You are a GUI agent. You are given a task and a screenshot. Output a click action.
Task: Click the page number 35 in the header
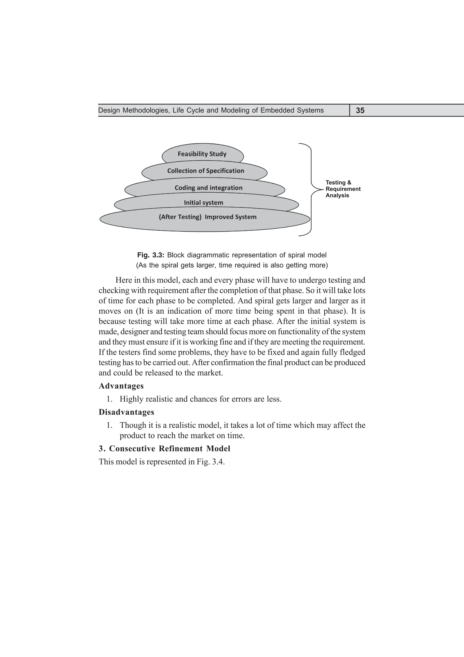tap(360, 110)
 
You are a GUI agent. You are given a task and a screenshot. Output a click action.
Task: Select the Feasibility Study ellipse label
tap(202, 154)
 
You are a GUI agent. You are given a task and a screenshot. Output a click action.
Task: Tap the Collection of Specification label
tap(205, 171)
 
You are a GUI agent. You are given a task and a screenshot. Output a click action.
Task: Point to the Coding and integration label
tap(208, 188)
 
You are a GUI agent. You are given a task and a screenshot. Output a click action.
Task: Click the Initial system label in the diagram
tap(203, 203)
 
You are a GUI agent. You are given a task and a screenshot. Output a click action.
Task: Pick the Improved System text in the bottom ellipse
tap(230, 217)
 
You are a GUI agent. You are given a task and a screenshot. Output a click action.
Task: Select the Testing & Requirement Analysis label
tap(343, 189)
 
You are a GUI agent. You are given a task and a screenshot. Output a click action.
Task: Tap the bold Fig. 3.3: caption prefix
tap(151, 255)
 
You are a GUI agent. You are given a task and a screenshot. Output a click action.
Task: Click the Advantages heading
tap(121, 386)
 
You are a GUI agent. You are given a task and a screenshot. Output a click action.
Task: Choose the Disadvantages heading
tap(126, 412)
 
